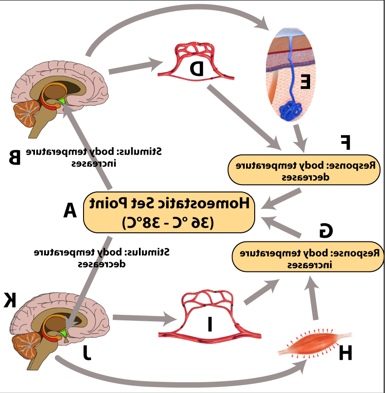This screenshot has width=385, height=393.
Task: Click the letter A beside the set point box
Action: click(70, 210)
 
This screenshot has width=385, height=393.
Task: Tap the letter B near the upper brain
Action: click(15, 157)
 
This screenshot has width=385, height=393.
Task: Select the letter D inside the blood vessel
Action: click(197, 69)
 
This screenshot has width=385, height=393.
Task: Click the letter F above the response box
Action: click(346, 142)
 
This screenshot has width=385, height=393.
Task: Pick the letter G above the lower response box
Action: click(326, 230)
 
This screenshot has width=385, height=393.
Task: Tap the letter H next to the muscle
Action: click(346, 353)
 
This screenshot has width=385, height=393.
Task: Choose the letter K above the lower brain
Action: click(10, 300)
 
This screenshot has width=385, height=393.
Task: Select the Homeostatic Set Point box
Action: click(169, 212)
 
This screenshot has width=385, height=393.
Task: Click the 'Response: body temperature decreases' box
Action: click(304, 170)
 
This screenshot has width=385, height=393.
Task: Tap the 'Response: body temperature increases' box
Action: click(308, 257)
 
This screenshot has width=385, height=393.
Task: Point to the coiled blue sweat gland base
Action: click(291, 110)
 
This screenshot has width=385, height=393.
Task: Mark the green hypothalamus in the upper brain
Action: click(62, 100)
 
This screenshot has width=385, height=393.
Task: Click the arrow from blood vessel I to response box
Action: click(262, 291)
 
